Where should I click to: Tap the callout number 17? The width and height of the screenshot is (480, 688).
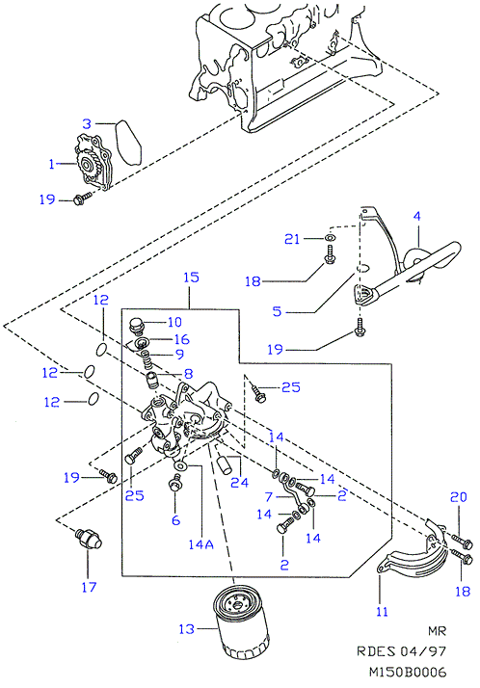point(89,587)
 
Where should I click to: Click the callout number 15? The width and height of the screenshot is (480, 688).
point(191,278)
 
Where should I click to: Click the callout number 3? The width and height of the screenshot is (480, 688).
point(87,124)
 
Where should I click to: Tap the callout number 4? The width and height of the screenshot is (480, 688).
point(416,216)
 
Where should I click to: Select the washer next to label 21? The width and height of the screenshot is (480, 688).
point(330,238)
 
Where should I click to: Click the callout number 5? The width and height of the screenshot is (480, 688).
point(277,311)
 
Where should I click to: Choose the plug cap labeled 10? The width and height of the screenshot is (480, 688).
point(136,326)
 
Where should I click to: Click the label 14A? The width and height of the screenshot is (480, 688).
point(200,544)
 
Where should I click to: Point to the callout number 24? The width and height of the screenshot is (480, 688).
point(240,483)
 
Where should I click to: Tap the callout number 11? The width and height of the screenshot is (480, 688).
point(382,612)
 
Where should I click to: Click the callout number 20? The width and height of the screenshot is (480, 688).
point(459,497)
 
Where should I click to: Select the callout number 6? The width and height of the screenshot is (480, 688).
point(176,520)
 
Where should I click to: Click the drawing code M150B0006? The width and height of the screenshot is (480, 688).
point(408,673)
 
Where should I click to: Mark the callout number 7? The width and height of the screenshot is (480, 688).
point(269,496)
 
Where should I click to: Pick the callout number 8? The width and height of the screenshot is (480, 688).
point(188,374)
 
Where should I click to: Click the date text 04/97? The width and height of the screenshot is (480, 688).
point(423,651)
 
